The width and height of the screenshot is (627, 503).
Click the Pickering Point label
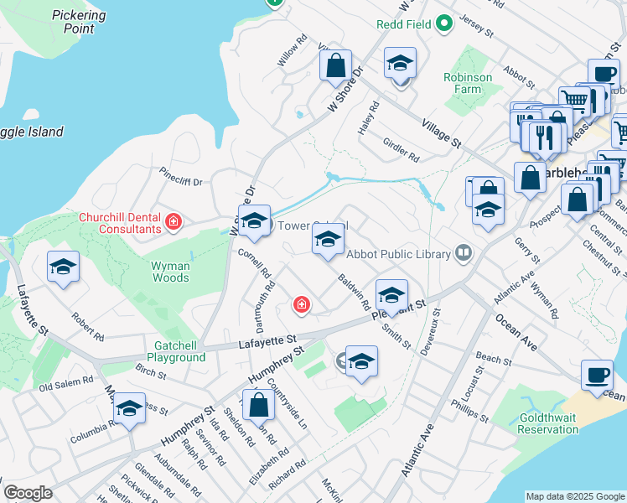[x=79, y=21]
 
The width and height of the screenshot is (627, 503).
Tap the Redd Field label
[x=404, y=23]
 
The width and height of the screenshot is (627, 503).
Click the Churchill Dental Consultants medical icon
[x=174, y=222]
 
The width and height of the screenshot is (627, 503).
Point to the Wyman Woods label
[x=169, y=272]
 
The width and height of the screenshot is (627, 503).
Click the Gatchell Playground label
[x=168, y=351]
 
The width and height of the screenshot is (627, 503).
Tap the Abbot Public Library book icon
[x=463, y=253]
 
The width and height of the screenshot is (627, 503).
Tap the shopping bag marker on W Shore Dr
[x=335, y=65]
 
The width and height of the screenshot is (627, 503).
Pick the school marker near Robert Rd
[x=64, y=267]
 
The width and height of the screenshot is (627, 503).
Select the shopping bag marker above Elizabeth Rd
[x=260, y=406]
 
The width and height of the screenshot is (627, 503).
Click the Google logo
[x=27, y=493]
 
